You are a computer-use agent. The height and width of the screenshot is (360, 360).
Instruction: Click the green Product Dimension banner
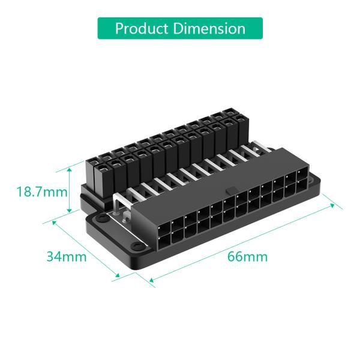(180, 28)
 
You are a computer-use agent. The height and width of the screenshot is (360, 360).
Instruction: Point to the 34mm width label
(67, 256)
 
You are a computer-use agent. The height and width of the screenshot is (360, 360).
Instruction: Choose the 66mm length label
(247, 257)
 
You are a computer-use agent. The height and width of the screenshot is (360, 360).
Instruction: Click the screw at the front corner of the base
(137, 247)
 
